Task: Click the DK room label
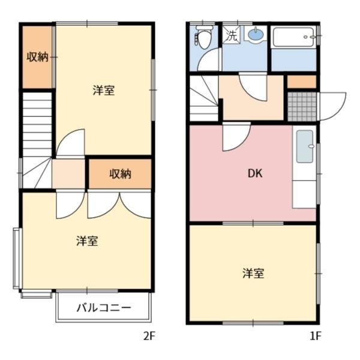255,173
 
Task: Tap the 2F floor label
149,337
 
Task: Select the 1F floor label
316,337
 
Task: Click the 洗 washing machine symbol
232,35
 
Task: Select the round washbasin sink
255,35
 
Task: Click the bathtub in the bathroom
293,40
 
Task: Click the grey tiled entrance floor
301,106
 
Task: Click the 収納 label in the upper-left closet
37,57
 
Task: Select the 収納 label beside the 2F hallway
120,174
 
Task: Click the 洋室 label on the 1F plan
254,273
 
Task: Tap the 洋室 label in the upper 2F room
104,91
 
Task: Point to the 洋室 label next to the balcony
87,241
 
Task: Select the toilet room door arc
210,61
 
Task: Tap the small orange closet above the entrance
301,82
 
